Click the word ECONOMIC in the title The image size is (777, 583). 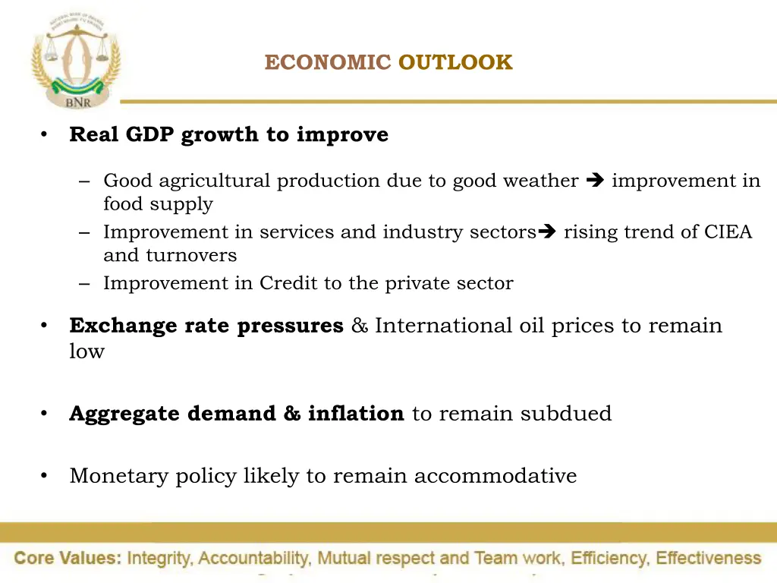click(328, 62)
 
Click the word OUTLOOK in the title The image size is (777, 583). click(455, 62)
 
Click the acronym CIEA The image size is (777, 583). click(728, 232)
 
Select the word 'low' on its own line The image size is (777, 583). click(87, 351)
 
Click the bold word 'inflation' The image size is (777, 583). click(356, 414)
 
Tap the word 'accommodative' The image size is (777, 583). click(495, 476)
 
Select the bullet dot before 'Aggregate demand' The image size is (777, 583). click(45, 414)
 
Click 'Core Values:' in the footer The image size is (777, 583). click(68, 559)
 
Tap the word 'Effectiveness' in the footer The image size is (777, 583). click(708, 559)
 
